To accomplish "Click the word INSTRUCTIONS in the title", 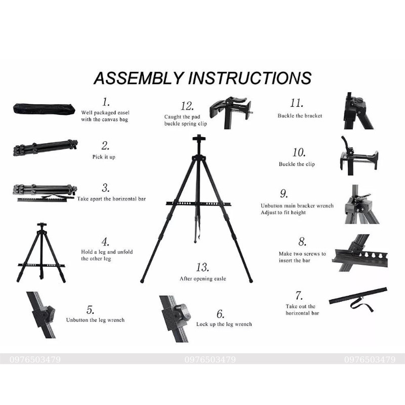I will click(250, 78).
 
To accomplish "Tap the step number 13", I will click(202, 267).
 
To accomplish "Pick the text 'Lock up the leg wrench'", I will click(224, 324).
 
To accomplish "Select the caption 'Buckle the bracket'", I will click(300, 116).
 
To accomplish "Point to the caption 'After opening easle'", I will click(202, 279).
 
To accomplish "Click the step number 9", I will click(283, 194).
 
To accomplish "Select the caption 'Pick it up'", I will click(104, 157).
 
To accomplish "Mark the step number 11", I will click(297, 103).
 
